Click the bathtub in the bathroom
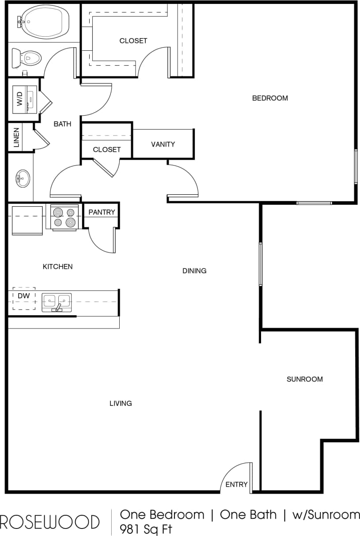(44, 21)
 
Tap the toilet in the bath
(27, 58)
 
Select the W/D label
(19, 99)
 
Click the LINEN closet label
(16, 138)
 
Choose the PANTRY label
(102, 212)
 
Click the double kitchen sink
(57, 302)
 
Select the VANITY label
(163, 144)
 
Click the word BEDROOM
(270, 98)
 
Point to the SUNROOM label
(305, 379)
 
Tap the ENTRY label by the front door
(236, 484)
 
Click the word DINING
(194, 271)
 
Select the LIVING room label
(121, 403)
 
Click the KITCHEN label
(57, 267)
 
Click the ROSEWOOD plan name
(49, 521)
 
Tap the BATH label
(62, 124)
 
